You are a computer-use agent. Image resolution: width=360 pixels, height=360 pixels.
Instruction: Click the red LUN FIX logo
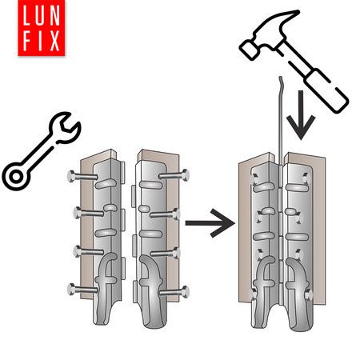pos(42,28)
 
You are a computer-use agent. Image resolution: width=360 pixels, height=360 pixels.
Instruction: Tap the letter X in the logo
pos(54,41)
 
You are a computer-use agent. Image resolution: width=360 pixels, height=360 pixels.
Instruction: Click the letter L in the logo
pos(27,15)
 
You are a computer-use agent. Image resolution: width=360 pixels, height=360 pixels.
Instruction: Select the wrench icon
pos(42,150)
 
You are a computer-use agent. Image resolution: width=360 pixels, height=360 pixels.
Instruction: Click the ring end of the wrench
pos(16,177)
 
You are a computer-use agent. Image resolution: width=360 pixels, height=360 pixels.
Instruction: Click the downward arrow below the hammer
pos(301,115)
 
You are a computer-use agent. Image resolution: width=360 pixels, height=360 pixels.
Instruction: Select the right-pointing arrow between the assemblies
pos(210,223)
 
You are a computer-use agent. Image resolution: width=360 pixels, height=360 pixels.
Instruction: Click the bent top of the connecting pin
pos(280,82)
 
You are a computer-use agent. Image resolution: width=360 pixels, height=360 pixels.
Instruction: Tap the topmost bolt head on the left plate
pos(71,176)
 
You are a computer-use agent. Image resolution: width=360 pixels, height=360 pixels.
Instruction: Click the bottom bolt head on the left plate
pos(71,289)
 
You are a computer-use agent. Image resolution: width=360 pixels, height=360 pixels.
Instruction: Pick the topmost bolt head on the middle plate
pos(186,175)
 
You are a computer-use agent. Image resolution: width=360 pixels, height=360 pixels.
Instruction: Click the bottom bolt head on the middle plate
pos(185,291)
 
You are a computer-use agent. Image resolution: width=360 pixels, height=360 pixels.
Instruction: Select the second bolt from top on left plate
pos(89,213)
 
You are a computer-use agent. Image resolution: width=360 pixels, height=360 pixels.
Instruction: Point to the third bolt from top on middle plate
pos(165,253)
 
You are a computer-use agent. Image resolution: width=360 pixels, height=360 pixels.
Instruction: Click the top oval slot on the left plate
pos(106,184)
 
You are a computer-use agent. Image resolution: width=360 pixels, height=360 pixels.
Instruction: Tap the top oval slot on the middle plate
pos(150,185)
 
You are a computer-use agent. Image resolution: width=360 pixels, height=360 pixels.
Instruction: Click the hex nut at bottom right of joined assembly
pos(308,295)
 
